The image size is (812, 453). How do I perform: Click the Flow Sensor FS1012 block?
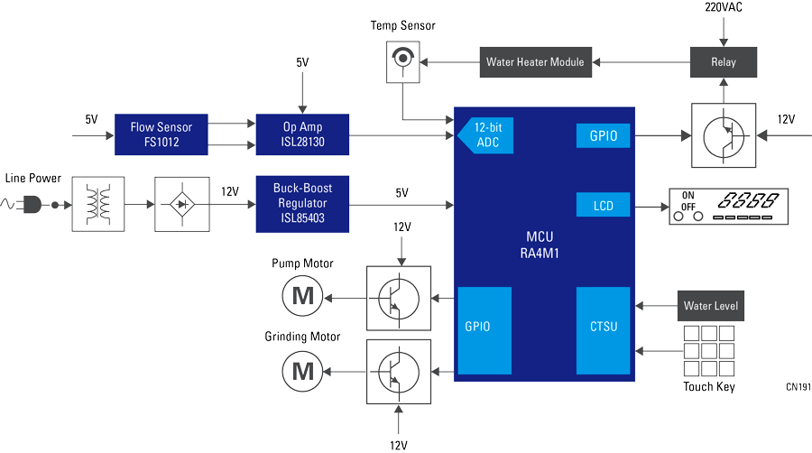click(161, 134)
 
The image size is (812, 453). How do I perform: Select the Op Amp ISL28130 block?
click(302, 134)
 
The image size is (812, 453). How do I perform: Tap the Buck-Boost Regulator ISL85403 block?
click(302, 203)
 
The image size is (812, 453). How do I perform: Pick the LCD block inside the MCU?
click(603, 206)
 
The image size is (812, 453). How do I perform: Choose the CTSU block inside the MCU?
click(603, 325)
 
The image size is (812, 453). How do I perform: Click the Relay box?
click(724, 62)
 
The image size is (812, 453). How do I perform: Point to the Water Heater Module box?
click(535, 62)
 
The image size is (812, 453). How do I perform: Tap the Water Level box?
click(710, 306)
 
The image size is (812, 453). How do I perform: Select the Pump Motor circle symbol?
click(301, 296)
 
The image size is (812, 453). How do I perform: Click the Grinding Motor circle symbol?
click(301, 370)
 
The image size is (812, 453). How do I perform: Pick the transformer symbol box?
click(97, 205)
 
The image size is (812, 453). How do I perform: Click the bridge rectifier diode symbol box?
click(182, 205)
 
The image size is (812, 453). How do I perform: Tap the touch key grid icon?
click(709, 351)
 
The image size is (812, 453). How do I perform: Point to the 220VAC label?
click(724, 8)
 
